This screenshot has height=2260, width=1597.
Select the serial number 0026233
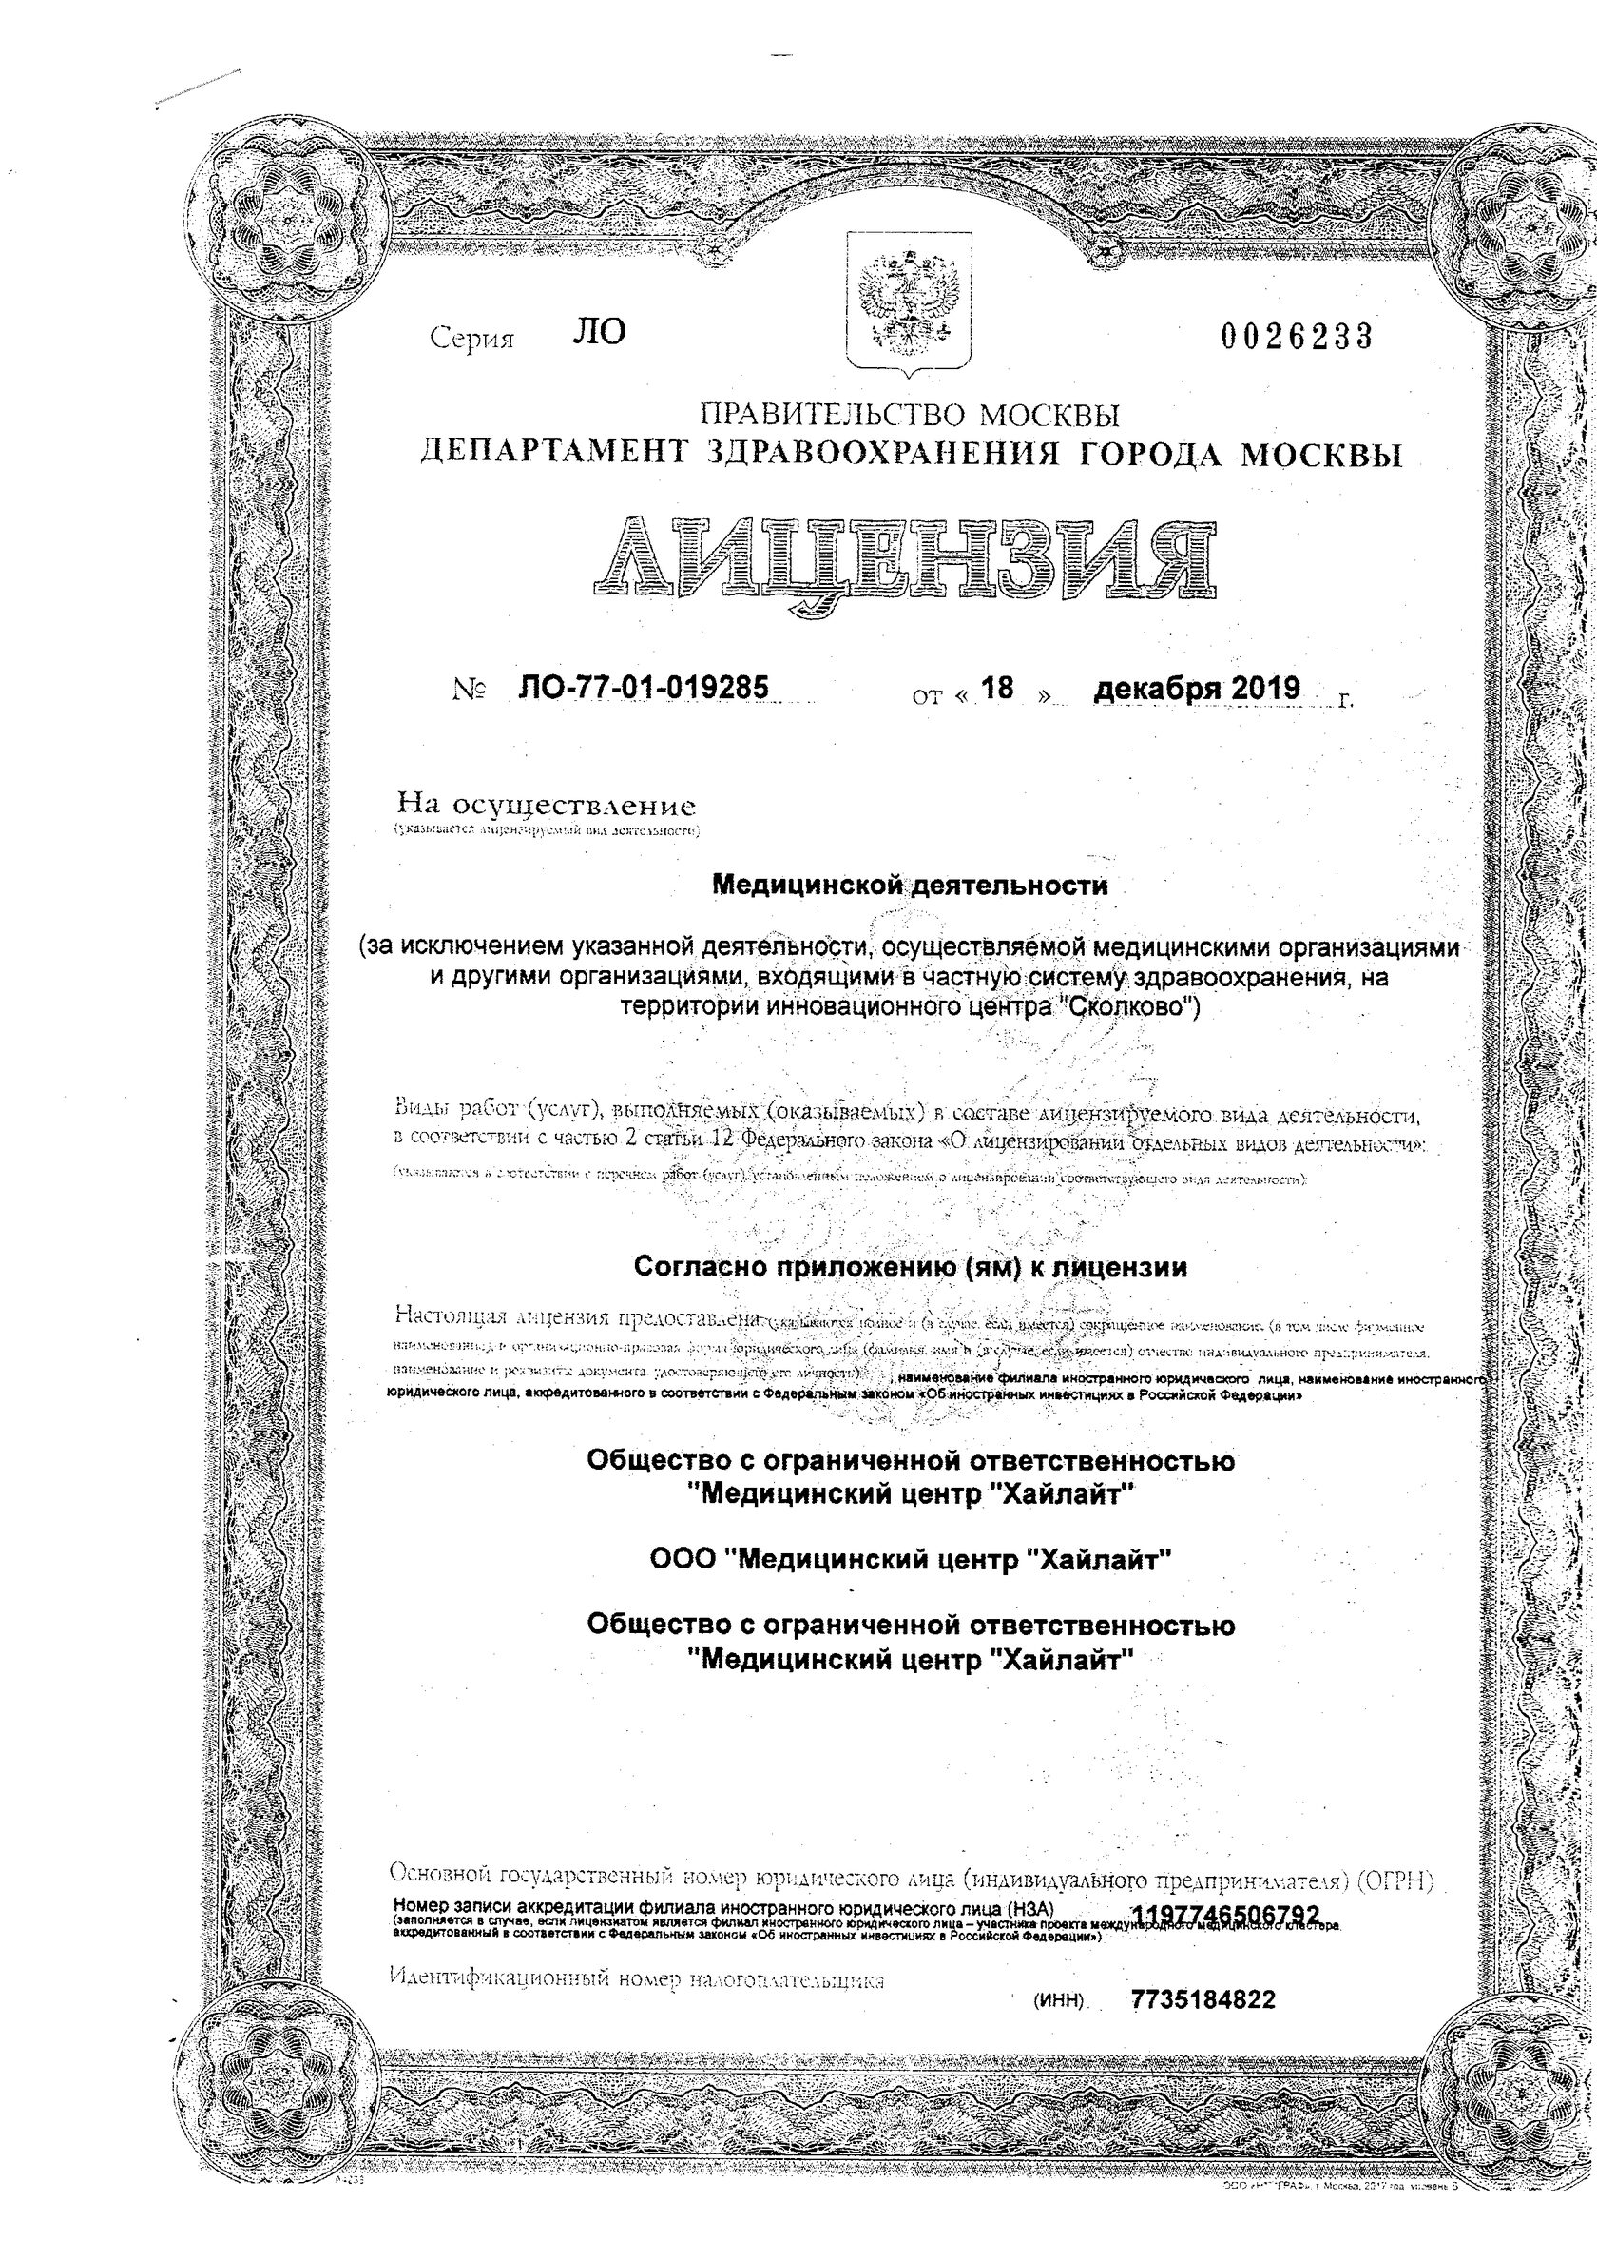point(1296,338)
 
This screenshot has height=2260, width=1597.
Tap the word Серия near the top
point(472,340)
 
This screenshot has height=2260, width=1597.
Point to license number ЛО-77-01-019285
point(643,687)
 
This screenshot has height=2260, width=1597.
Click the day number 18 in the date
point(997,688)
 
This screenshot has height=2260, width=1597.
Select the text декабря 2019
point(1197,688)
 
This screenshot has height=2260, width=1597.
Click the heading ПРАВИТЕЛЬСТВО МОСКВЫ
point(909,415)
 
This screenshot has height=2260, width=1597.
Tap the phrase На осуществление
point(545,807)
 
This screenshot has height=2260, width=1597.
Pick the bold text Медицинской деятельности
point(909,885)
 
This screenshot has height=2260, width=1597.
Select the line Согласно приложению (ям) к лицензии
point(909,1268)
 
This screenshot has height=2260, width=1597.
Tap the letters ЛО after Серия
point(598,333)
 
